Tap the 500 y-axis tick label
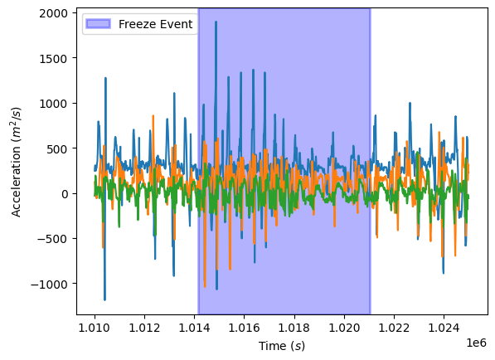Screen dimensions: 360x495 (x=60, y=148)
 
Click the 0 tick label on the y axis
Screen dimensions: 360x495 (x=66, y=194)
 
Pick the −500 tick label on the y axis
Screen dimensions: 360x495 (x=56, y=239)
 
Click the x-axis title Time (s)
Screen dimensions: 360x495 (x=282, y=345)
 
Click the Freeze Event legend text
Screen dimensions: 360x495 (x=156, y=24)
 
